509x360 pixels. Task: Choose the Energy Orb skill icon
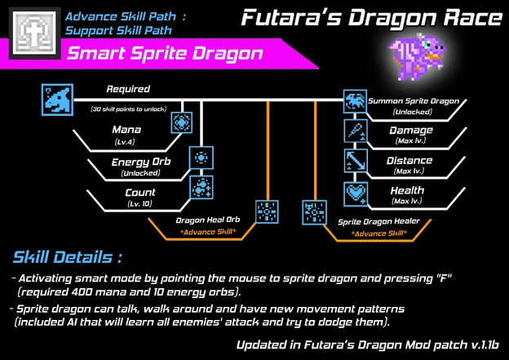pyautogui.click(x=201, y=156)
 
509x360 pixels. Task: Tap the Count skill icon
pyautogui.click(x=201, y=187)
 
